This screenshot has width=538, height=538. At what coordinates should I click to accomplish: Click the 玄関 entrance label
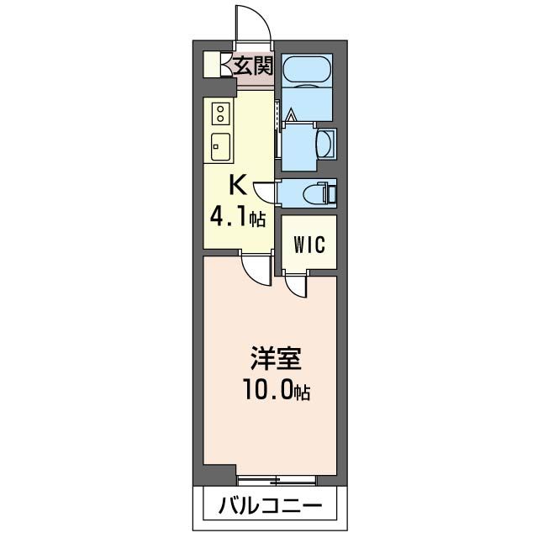click(x=252, y=65)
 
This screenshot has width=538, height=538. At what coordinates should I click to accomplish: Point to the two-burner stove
click(x=220, y=113)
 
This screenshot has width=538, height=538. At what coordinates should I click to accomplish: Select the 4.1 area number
click(x=229, y=219)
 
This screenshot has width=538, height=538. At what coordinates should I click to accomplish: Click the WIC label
click(x=308, y=244)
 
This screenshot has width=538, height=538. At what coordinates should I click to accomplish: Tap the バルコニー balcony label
click(x=269, y=507)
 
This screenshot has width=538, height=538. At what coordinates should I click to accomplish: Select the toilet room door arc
click(x=266, y=193)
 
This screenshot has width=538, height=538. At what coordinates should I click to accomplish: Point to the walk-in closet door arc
click(x=295, y=286)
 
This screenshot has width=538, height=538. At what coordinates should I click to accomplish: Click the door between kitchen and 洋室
click(x=252, y=269)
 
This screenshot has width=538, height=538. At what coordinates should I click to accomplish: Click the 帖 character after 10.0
click(x=302, y=393)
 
